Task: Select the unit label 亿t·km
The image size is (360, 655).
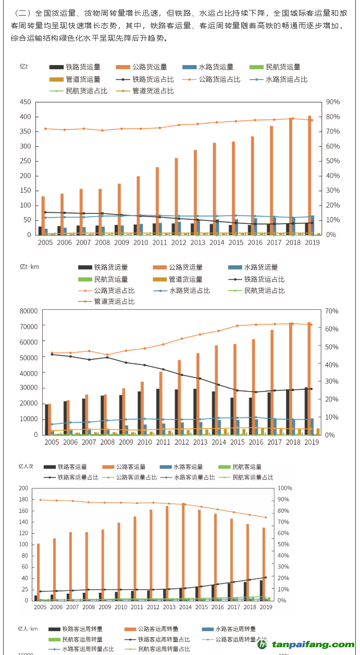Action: (x=30, y=267)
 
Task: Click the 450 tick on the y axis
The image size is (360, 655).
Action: (x=25, y=102)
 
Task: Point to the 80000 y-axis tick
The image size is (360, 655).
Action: (x=29, y=311)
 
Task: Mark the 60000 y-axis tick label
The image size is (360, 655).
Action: (x=29, y=342)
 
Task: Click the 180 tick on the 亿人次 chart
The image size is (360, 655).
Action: (x=23, y=500)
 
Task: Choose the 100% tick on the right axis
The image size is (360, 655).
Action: (x=285, y=488)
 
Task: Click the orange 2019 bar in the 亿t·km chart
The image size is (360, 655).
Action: (x=309, y=379)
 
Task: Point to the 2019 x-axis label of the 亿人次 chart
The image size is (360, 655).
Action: (x=266, y=607)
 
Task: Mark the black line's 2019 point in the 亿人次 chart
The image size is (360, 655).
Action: (x=266, y=577)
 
